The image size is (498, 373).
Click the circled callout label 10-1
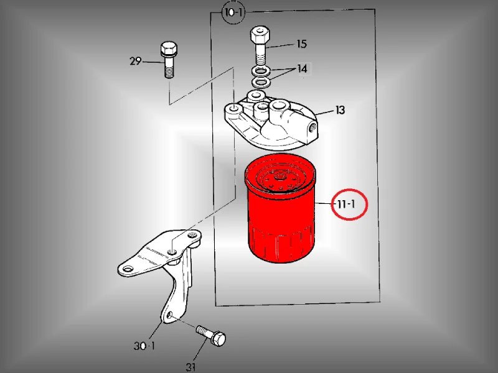(x=233, y=13)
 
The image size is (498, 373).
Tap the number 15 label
(x=302, y=44)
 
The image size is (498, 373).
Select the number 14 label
(x=302, y=68)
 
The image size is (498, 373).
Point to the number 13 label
(x=340, y=110)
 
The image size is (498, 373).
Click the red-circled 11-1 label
(x=347, y=204)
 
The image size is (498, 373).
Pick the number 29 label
(x=135, y=60)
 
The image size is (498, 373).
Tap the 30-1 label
(x=144, y=346)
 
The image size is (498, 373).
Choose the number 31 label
(x=190, y=367)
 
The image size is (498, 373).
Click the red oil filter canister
(x=280, y=209)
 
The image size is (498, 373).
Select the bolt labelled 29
(x=169, y=60)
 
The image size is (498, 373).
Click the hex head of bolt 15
(x=260, y=36)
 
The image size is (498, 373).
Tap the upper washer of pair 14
(x=261, y=70)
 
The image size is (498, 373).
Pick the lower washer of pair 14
(x=261, y=83)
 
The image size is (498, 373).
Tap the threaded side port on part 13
(x=312, y=128)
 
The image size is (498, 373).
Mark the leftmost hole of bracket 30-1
(x=128, y=270)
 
